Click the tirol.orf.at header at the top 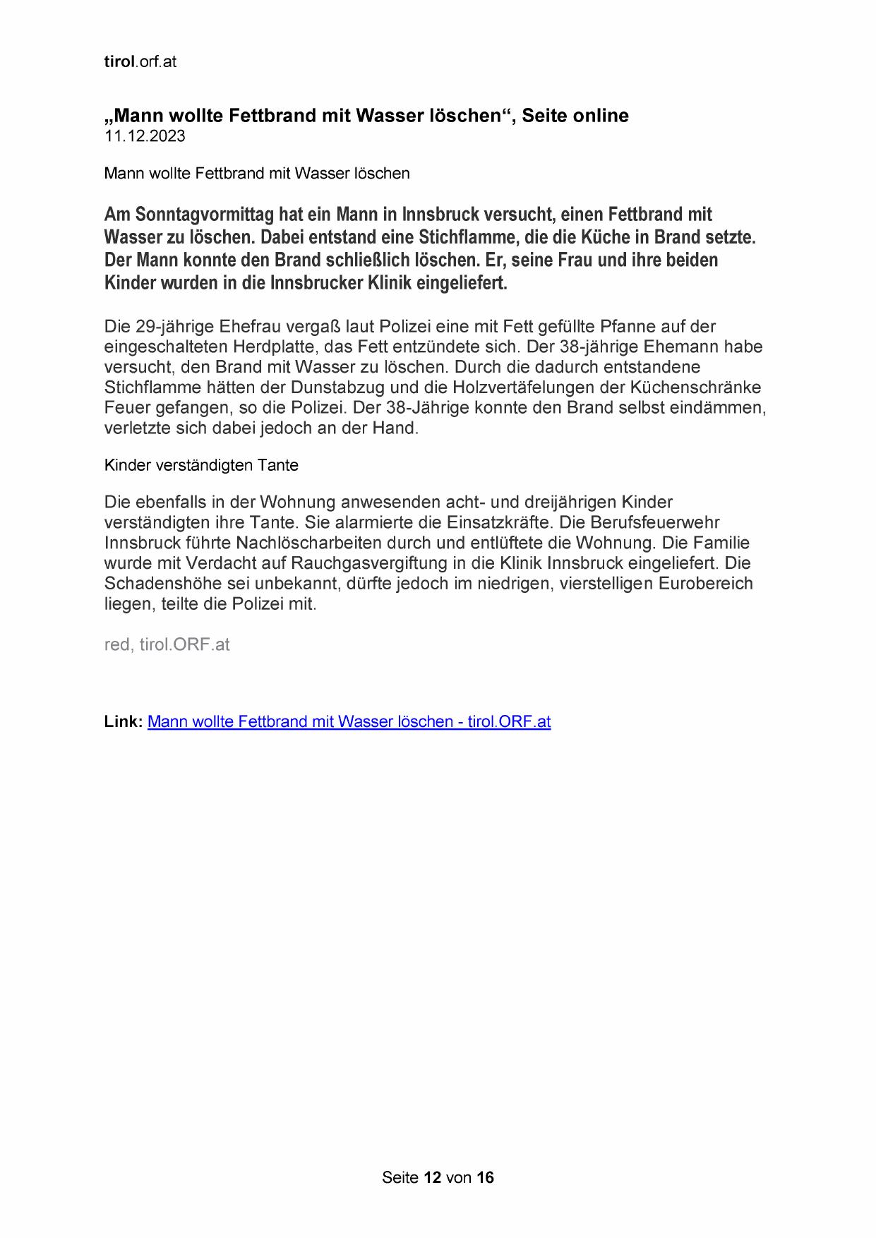(140, 61)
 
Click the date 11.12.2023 (145, 136)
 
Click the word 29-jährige (175, 327)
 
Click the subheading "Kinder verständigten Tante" (201, 465)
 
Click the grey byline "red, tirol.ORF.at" (167, 644)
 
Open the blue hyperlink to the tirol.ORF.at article (349, 721)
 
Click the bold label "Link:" (124, 721)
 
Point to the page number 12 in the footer (432, 1177)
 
